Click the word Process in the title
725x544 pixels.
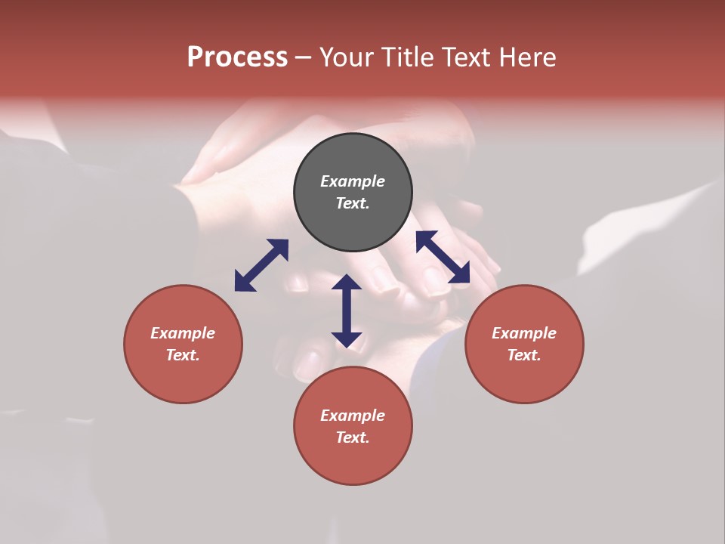click(237, 57)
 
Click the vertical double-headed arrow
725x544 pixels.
click(347, 311)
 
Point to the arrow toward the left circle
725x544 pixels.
click(261, 264)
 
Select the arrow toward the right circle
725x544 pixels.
click(443, 258)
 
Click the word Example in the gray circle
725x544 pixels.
click(353, 181)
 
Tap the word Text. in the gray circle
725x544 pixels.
click(353, 203)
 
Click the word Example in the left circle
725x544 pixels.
click(183, 333)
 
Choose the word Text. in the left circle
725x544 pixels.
click(183, 355)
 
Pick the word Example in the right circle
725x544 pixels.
click(524, 333)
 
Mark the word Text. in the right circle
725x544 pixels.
click(524, 355)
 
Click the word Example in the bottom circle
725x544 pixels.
click(353, 416)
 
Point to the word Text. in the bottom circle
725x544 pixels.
click(353, 437)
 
